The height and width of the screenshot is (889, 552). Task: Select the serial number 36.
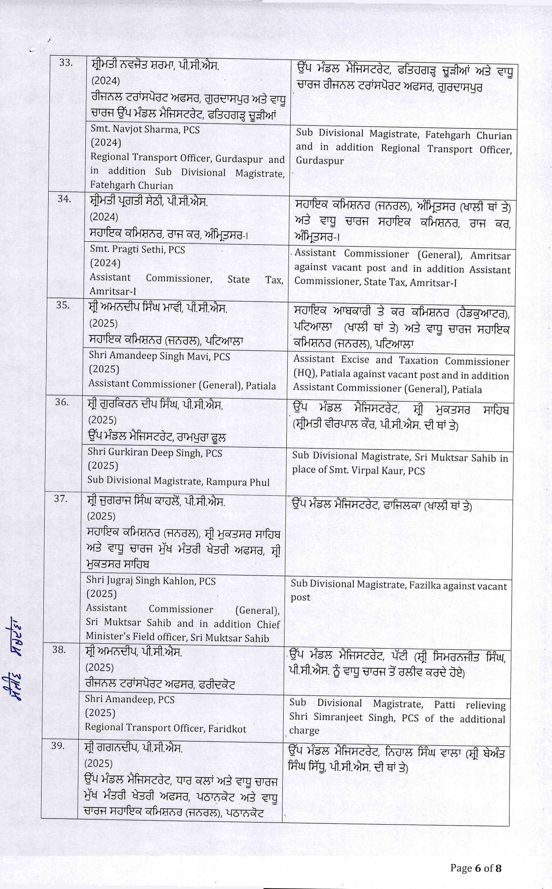pyautogui.click(x=62, y=402)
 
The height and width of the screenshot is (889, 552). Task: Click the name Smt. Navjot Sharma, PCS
pyautogui.click(x=145, y=130)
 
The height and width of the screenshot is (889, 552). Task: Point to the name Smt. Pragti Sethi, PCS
pyautogui.click(x=137, y=250)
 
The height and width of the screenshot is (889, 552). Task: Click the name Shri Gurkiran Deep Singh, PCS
pyautogui.click(x=155, y=452)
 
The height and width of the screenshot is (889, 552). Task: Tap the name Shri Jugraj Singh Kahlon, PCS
pyautogui.click(x=151, y=581)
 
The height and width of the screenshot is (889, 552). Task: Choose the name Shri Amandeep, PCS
pyautogui.click(x=130, y=699)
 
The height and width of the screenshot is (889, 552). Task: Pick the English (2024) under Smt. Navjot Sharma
pyautogui.click(x=106, y=143)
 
